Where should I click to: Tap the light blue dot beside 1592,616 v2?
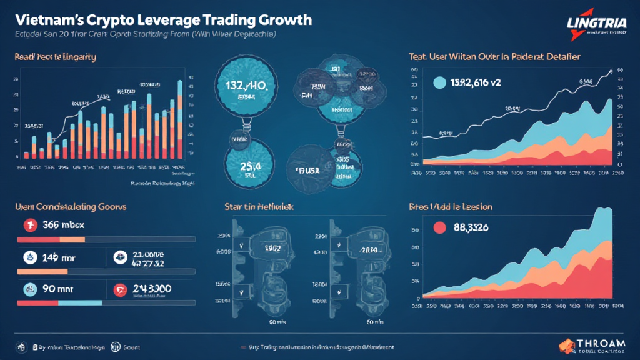click(439, 82)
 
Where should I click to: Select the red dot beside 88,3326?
click(439, 227)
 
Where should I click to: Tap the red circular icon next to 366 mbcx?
click(29, 226)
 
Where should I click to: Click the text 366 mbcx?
click(63, 226)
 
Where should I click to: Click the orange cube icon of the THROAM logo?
click(567, 344)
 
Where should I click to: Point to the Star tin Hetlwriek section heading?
click(259, 206)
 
